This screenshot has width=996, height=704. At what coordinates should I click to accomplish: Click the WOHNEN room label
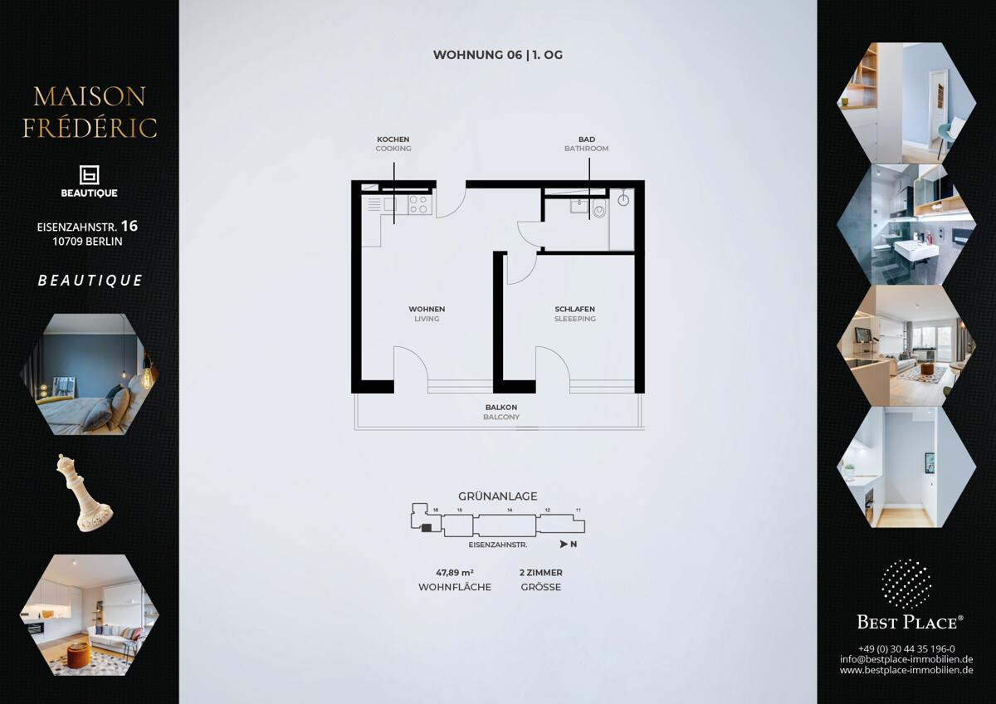point(427,309)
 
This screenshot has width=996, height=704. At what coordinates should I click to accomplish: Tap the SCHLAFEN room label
point(574,309)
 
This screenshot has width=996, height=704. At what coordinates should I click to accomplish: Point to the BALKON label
point(501,407)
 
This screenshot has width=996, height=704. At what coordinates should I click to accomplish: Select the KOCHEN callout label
point(393,139)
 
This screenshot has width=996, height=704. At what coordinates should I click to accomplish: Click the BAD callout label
point(587,139)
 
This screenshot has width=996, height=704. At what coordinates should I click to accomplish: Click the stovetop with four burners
point(418,204)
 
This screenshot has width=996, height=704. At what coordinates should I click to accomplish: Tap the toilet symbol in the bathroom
point(599,208)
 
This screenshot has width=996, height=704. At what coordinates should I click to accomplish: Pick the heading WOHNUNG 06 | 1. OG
point(497,55)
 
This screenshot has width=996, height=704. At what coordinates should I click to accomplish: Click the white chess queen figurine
point(84,493)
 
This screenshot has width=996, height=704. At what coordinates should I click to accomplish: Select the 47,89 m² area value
point(455,572)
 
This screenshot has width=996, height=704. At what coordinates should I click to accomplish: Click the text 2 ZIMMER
point(540,572)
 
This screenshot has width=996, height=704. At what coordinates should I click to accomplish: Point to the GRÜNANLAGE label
point(497,496)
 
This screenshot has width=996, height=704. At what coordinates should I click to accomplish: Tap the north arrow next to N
point(564,544)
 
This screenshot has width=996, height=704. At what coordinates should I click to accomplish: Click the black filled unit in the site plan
point(427,527)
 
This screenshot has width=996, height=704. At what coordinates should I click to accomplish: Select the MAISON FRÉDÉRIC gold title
point(90,112)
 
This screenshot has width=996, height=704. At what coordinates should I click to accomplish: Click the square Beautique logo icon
point(89,175)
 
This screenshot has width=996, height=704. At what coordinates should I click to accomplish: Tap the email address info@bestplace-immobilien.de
point(906,659)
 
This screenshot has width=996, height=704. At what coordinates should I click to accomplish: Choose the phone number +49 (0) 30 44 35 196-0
point(906,649)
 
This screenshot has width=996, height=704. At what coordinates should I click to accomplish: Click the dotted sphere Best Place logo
point(906,584)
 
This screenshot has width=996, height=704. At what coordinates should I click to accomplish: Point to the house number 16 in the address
point(129,226)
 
